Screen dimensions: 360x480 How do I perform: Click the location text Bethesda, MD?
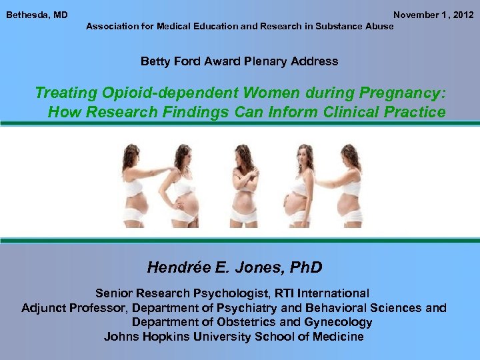click(x=37, y=15)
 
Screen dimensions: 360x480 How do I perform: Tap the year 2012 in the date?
click(x=463, y=15)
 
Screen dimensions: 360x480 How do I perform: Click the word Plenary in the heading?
click(x=261, y=61)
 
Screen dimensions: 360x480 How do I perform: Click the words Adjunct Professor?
click(x=75, y=308)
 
